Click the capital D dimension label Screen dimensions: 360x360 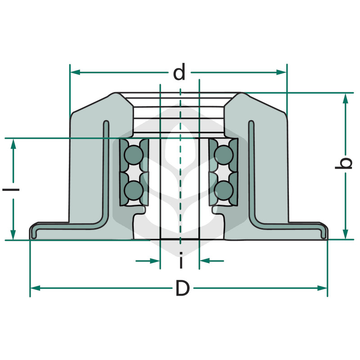[x=183, y=288]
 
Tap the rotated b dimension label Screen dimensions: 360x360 [x=343, y=163]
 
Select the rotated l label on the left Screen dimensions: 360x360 [x=11, y=189]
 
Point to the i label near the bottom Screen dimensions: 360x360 [x=181, y=260]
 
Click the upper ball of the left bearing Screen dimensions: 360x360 [x=134, y=155]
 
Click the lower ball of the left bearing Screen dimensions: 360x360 [x=134, y=190]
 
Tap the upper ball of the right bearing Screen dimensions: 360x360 [x=224, y=155]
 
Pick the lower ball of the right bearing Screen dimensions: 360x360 [x=224, y=190]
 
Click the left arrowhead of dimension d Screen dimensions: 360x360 [x=75, y=72]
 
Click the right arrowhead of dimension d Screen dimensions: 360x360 [x=281, y=72]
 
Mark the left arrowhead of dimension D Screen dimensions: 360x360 [x=36, y=288]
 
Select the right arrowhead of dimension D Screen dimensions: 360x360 [x=322, y=288]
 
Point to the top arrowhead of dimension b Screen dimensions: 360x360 [x=346, y=98]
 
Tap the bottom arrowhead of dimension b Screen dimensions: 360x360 [x=346, y=234]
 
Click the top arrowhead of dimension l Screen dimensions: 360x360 [x=13, y=144]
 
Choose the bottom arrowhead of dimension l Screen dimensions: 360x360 [x=13, y=234]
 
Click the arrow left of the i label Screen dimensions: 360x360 [x=148, y=261]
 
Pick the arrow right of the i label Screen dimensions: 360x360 [x=211, y=261]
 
